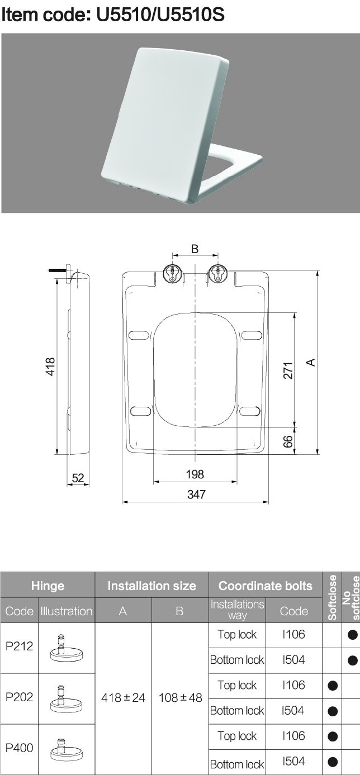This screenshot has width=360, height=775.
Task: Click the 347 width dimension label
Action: (196, 495)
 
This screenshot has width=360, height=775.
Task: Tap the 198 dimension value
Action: (195, 474)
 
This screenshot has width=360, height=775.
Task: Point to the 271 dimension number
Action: (288, 370)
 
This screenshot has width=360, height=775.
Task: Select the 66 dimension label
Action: (288, 442)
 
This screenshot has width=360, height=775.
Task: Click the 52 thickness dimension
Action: (78, 478)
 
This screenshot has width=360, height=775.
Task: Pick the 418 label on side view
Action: (50, 367)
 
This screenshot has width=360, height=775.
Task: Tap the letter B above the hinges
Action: (195, 249)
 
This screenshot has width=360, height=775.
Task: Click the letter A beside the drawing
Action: (311, 362)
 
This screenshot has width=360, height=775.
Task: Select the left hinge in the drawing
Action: (173, 274)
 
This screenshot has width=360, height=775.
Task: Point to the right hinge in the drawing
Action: (217, 274)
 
